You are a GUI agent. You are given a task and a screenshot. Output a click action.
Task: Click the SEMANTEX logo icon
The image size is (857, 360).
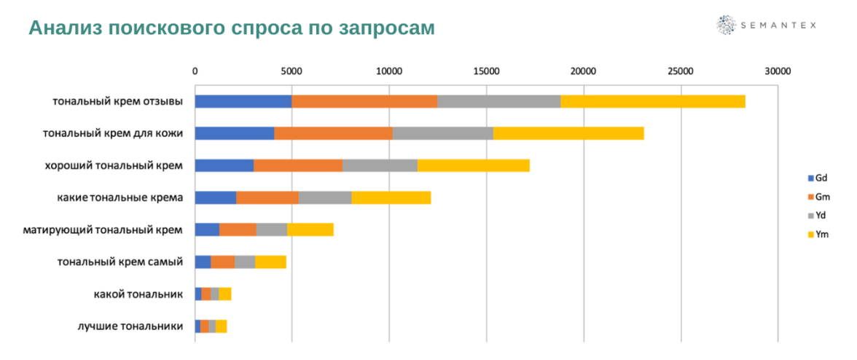tap(726, 25)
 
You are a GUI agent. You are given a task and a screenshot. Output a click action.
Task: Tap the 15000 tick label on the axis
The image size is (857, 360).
tap(486, 71)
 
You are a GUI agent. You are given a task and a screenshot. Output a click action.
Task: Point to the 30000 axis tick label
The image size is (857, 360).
tap(778, 71)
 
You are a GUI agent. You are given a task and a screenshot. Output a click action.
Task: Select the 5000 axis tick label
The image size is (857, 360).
tap(291, 71)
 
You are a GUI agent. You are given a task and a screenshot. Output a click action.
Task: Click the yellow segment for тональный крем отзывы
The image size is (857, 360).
tap(652, 101)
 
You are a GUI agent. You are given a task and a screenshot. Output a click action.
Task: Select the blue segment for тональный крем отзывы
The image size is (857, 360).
tap(243, 101)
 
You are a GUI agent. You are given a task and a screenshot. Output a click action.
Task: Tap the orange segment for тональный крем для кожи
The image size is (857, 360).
tap(333, 133)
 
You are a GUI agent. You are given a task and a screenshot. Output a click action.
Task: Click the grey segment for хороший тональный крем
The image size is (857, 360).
tap(380, 165)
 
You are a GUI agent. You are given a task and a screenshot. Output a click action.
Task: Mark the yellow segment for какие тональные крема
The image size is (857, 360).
tap(391, 197)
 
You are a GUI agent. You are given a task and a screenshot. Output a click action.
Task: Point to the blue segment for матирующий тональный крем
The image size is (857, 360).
tap(207, 230)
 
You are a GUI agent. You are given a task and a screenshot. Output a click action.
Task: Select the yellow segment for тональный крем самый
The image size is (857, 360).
tap(270, 262)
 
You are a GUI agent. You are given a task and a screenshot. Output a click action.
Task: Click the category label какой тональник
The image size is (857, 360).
tap(138, 294)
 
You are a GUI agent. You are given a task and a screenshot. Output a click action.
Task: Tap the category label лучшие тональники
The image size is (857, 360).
tap(130, 326)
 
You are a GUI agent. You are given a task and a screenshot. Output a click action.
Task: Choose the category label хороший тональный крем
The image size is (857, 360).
tap(114, 165)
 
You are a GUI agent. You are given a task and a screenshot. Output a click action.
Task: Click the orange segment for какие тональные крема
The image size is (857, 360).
tap(267, 197)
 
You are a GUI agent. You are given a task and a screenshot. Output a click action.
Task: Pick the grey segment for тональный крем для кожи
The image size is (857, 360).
tap(442, 133)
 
